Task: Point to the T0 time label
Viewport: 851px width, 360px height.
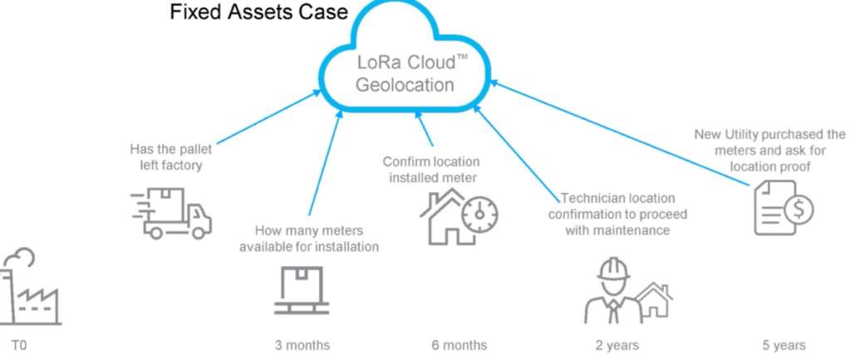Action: (x=18, y=345)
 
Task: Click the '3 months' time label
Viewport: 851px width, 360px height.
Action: (x=303, y=345)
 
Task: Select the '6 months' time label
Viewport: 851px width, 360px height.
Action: (x=460, y=345)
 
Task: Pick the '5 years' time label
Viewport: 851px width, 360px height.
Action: (x=783, y=345)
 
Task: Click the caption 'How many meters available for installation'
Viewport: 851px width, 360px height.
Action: (x=309, y=239)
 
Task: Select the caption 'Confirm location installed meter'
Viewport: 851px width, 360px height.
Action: (x=430, y=169)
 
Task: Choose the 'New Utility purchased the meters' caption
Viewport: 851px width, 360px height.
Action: (x=769, y=149)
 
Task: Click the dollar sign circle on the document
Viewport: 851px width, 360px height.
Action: (x=799, y=210)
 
